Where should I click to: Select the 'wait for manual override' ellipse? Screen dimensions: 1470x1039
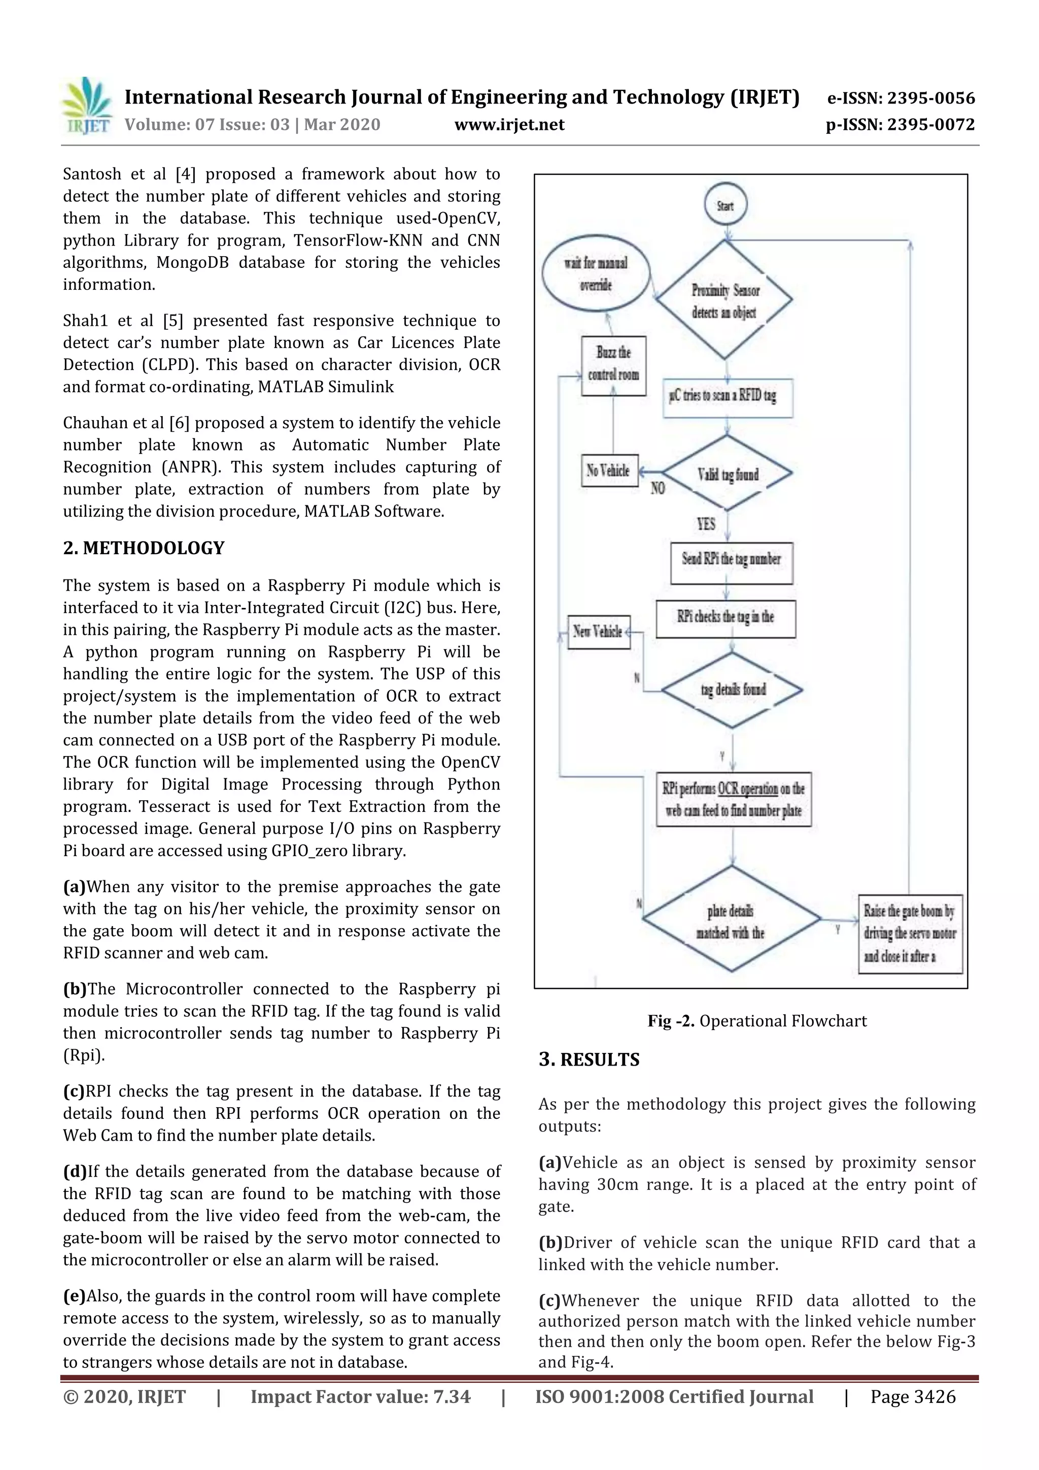coord(596,274)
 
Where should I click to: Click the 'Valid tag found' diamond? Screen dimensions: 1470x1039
coord(728,474)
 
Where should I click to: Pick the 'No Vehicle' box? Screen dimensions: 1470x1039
coord(609,470)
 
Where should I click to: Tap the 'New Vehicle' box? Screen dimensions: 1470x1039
coord(599,632)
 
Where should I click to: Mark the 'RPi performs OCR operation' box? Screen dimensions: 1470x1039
coord(734,799)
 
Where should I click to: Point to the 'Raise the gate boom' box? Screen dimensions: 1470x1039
coord(910,934)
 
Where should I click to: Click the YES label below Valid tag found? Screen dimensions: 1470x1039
coord(706,524)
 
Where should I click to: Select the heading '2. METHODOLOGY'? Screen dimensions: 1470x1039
coord(144,548)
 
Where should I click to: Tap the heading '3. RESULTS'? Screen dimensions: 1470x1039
coord(589,1059)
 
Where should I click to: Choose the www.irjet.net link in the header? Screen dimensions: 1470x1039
coord(509,124)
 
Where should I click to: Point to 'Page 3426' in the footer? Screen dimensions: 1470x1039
coord(912,1396)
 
